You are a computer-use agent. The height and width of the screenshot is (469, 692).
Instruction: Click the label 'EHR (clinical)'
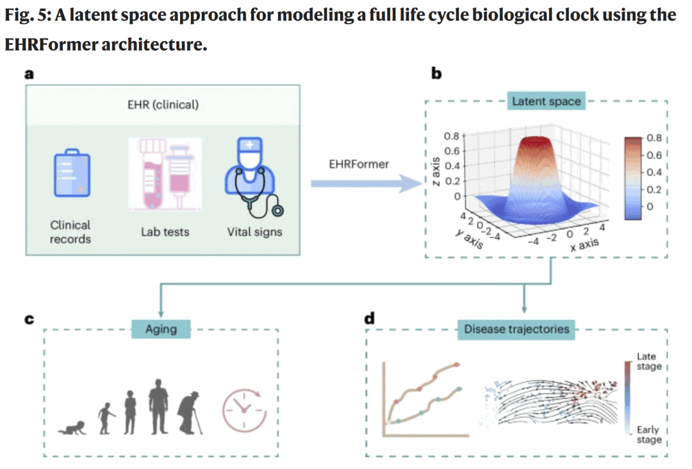pyautogui.click(x=163, y=105)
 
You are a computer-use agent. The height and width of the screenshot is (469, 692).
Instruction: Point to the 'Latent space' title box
pyautogui.click(x=547, y=101)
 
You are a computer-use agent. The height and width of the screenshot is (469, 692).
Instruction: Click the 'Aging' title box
pyautogui.click(x=161, y=329)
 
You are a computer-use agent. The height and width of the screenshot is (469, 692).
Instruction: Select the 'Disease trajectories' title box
pyautogui.click(x=516, y=329)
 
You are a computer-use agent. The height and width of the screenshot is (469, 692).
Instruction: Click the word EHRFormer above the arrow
pyautogui.click(x=359, y=164)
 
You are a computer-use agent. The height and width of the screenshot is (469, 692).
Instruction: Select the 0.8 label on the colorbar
pyautogui.click(x=653, y=137)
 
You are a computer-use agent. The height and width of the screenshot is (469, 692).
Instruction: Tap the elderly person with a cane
pyautogui.click(x=190, y=414)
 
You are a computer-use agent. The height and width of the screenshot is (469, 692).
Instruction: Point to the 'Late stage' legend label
pyautogui.click(x=647, y=361)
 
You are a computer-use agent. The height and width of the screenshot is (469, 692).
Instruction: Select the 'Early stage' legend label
pyautogui.click(x=647, y=435)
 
